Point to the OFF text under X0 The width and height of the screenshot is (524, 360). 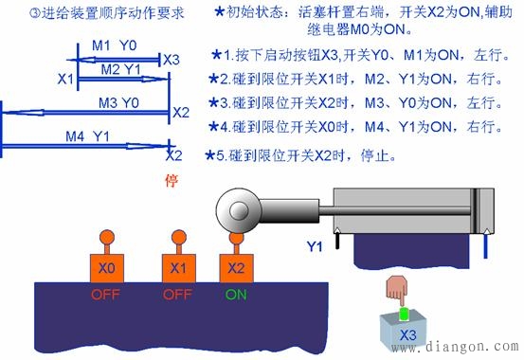pyautogui.click(x=106, y=295)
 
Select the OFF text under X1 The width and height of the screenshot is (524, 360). pyautogui.click(x=177, y=295)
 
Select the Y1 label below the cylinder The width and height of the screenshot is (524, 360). pyautogui.click(x=316, y=247)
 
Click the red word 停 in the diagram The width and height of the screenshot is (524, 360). pyautogui.click(x=172, y=180)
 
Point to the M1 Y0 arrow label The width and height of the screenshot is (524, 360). pyautogui.click(x=114, y=45)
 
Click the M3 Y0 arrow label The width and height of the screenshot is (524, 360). pyautogui.click(x=118, y=101)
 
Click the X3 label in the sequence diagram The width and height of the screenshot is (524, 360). pyautogui.click(x=171, y=60)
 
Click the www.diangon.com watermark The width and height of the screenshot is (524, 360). pyautogui.click(x=467, y=347)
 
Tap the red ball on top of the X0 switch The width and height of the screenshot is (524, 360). pyautogui.click(x=106, y=238)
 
